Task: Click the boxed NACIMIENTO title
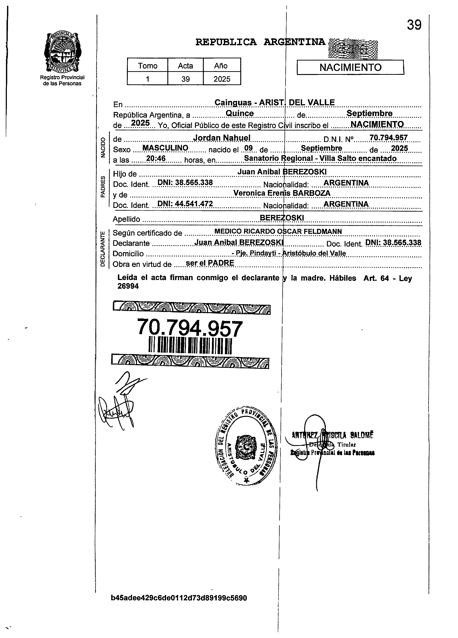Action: click(x=350, y=68)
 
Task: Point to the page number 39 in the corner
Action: click(x=414, y=25)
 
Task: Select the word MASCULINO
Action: click(x=165, y=148)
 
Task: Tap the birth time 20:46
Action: click(x=156, y=158)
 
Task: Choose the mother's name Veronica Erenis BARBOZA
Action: click(x=282, y=193)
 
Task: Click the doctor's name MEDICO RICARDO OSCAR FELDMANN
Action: click(x=278, y=231)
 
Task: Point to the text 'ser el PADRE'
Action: click(x=210, y=263)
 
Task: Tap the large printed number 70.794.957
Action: click(x=190, y=328)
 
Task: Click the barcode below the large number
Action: click(x=190, y=345)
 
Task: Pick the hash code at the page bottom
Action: click(x=179, y=606)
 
